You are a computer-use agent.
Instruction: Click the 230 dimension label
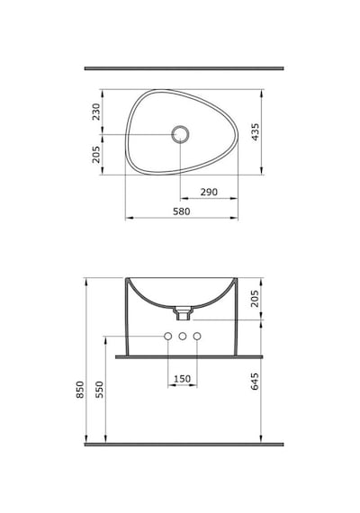point(96,112)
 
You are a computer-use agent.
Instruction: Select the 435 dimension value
point(255,131)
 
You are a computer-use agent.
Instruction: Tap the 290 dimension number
point(209,192)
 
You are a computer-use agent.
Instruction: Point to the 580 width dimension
point(181,211)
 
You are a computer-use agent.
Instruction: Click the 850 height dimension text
point(80,390)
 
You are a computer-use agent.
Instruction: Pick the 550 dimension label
point(100,390)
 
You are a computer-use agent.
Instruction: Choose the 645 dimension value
point(255,382)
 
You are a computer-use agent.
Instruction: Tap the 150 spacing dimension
point(182,379)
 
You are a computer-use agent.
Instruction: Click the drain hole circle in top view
point(180,134)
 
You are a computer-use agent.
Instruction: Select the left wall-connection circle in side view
point(168,336)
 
